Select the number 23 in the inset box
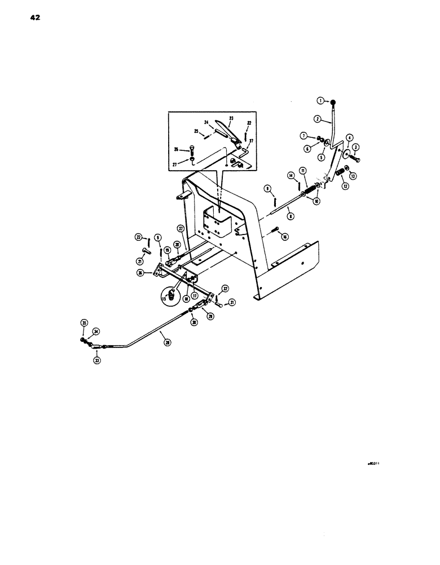[x=231, y=118]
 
